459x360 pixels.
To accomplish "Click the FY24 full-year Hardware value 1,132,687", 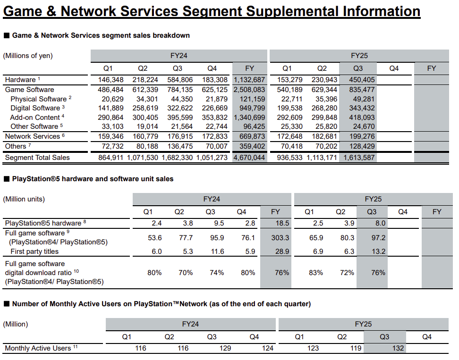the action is tap(249, 80).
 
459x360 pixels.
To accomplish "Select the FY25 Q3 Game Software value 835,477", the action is tap(362, 90).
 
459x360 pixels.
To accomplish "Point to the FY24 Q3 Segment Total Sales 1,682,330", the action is tap(177, 158).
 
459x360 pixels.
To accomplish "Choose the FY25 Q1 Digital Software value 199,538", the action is tap(290, 108).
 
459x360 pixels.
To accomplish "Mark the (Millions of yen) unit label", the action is tap(28, 56).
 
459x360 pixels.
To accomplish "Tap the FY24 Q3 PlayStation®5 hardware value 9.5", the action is tap(219, 223).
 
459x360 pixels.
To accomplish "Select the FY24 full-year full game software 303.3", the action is tap(280, 238).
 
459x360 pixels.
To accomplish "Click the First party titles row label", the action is tap(34, 251).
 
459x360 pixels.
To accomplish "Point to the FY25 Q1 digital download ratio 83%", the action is tap(316, 273).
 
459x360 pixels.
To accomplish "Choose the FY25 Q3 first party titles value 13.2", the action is tap(379, 251).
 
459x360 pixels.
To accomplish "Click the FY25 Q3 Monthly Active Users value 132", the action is tap(398, 348).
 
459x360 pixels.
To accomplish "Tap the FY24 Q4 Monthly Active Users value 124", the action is tap(268, 348).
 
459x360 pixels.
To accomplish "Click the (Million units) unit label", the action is tap(24, 199).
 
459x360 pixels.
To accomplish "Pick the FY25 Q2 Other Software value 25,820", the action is tap(324, 126).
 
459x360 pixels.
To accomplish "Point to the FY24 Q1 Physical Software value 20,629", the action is tap(113, 99).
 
